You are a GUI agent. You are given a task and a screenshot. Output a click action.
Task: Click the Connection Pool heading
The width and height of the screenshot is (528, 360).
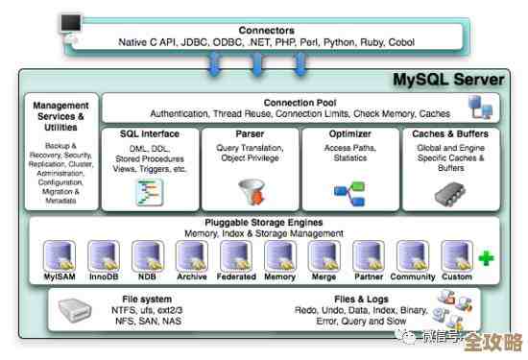point(301,101)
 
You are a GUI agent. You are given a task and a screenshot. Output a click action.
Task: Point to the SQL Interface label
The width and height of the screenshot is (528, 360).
point(148,134)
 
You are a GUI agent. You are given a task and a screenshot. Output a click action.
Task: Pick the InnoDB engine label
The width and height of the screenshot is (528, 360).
point(103,277)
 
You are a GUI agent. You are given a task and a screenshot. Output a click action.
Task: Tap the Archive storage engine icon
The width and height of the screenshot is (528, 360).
point(191,255)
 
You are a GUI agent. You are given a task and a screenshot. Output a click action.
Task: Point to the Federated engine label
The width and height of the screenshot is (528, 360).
point(236,277)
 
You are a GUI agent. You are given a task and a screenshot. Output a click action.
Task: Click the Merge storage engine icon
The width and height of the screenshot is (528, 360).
point(324,255)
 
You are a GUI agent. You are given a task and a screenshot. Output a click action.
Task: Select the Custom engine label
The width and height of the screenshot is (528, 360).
point(456,277)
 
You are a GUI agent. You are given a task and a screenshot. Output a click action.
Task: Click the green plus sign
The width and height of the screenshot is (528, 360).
point(487,257)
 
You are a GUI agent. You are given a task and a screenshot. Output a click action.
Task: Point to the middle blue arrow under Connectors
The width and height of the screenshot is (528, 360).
point(256,63)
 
